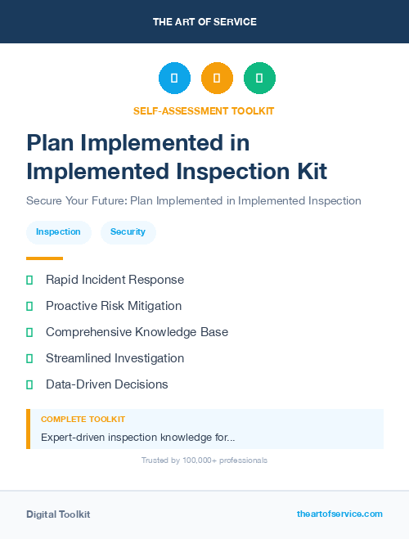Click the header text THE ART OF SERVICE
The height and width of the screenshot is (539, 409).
204,22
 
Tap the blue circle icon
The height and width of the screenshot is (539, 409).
174,78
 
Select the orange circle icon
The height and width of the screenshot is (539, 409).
217,78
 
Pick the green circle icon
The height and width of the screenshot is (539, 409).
259,78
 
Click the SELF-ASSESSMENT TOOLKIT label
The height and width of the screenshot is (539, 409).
204,110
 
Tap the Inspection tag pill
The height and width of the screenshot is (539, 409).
58,232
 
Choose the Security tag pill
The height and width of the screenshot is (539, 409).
128,232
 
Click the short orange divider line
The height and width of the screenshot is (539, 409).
44,258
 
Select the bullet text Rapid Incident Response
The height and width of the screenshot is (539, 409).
115,280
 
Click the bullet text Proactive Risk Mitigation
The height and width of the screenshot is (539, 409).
114,306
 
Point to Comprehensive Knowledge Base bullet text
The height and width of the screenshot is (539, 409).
137,332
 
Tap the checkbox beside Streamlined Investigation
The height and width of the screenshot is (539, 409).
29,358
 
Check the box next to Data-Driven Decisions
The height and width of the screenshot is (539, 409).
29,384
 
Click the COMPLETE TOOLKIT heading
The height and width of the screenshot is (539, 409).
83,419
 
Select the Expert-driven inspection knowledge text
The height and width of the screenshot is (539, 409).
138,438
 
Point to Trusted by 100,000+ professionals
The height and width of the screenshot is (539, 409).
204,460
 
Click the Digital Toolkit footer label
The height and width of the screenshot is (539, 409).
58,514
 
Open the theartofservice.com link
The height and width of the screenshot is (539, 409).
339,514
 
